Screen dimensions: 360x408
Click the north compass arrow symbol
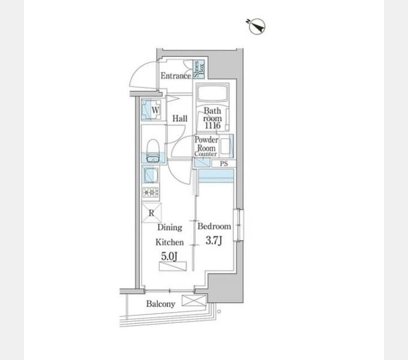256,26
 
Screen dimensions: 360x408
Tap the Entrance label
175,76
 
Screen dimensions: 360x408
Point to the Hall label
180,119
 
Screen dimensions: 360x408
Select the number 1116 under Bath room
212,126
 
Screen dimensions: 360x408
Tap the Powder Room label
205,143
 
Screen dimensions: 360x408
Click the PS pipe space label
224,163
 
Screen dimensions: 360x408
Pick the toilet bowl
152,149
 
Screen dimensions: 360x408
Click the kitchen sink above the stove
149,175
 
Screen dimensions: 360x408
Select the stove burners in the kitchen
149,193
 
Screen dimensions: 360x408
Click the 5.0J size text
168,256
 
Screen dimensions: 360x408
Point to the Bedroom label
214,227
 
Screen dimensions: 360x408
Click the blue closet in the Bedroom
216,175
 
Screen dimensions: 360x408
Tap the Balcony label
161,304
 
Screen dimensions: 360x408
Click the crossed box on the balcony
193,301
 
